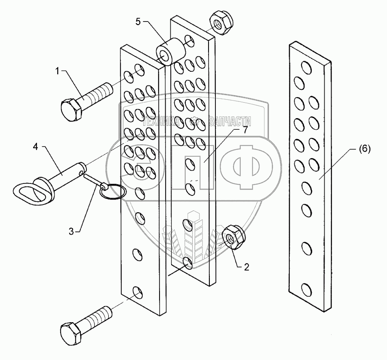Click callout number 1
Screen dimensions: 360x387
click(x=57, y=71)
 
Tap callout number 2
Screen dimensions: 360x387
click(x=246, y=267)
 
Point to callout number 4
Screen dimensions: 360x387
click(x=36, y=147)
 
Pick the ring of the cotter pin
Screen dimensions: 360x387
click(x=113, y=192)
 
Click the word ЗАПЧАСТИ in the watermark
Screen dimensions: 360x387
click(x=230, y=122)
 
